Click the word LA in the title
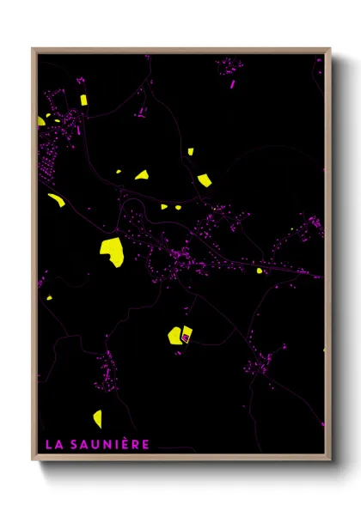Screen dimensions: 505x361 [52, 444]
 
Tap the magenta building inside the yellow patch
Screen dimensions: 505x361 [184, 338]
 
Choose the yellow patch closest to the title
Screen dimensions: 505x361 [97, 418]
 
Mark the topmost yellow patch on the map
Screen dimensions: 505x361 [84, 100]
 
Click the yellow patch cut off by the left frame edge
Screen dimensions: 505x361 [40, 121]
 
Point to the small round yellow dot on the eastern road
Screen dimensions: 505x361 [259, 271]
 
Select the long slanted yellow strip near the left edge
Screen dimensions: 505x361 [58, 200]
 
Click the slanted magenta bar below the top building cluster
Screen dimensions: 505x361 [232, 84]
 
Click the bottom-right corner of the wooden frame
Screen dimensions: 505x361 [329, 459]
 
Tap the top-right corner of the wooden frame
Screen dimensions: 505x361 [329, 49]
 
